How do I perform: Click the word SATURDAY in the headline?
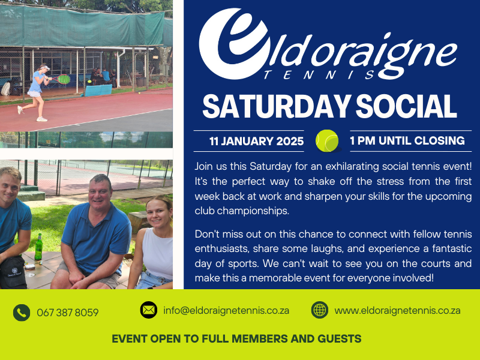(x=276, y=106)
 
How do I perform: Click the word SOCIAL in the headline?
(x=406, y=106)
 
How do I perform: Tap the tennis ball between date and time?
(x=327, y=141)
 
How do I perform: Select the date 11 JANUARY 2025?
(x=257, y=141)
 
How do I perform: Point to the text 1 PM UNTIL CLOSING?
(x=407, y=141)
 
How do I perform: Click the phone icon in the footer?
(x=22, y=313)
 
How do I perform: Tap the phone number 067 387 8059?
(x=68, y=313)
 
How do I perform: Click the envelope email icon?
(x=149, y=310)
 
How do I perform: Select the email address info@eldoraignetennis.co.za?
(x=226, y=310)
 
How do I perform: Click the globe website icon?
(x=320, y=310)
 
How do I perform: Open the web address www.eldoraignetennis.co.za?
(x=397, y=310)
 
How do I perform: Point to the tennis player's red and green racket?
(x=62, y=79)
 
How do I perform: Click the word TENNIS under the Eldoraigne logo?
(x=319, y=74)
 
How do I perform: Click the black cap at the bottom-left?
(x=12, y=273)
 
